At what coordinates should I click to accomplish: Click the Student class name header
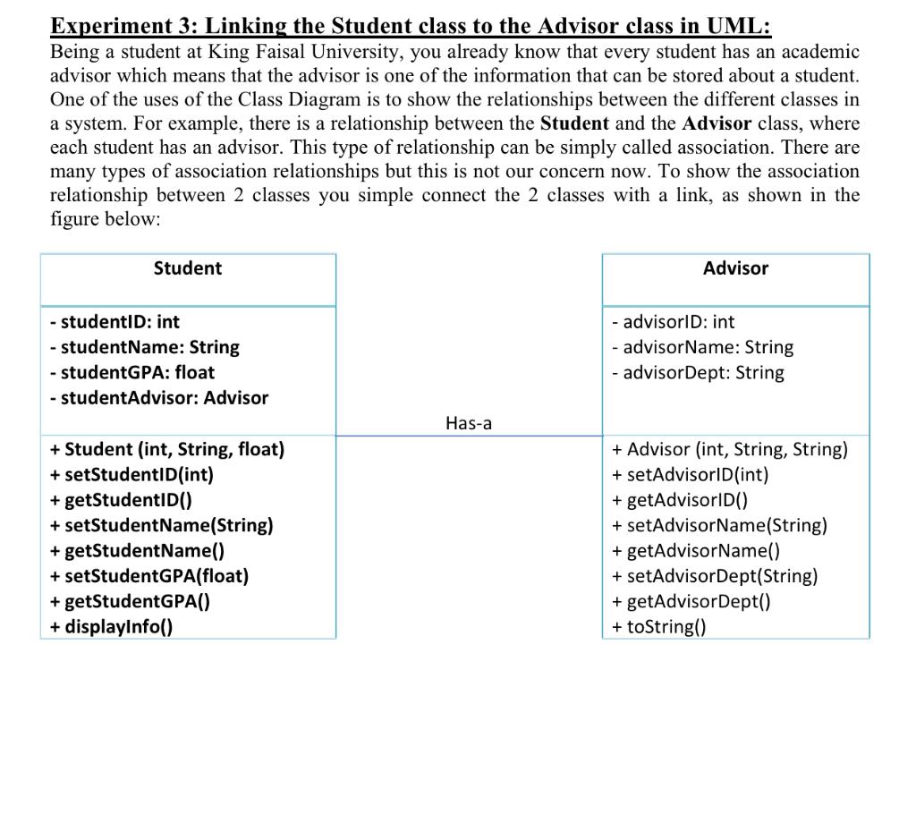point(188,268)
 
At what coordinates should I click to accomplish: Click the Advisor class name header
point(735,268)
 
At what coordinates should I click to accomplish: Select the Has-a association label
point(468,423)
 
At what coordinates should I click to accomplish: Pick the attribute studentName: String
point(145,347)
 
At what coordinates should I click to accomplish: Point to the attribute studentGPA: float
point(132,372)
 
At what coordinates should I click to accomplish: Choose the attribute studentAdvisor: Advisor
point(159,398)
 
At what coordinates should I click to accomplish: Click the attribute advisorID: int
point(673,322)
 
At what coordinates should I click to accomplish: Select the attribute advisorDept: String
point(698,373)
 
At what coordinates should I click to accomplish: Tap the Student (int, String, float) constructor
point(167,449)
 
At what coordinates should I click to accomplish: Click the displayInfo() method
point(112,626)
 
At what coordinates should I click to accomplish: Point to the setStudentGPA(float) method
point(149,576)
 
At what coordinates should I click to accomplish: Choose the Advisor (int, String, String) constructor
point(729,449)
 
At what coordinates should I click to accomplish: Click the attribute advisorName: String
point(702,347)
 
